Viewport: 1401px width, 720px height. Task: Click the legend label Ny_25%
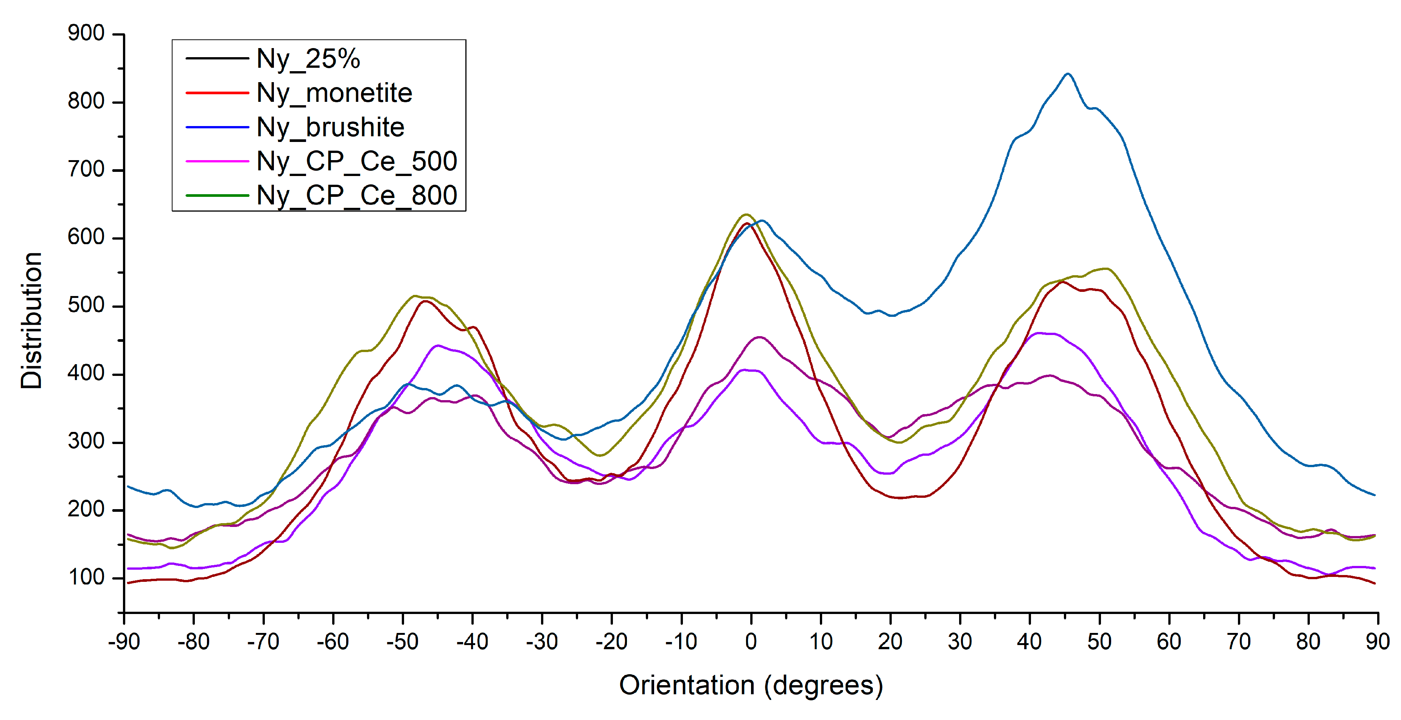(x=308, y=59)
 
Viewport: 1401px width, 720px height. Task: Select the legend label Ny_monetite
(x=334, y=93)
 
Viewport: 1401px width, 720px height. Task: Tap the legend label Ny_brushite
(x=330, y=127)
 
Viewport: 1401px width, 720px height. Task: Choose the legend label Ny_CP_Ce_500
(x=356, y=162)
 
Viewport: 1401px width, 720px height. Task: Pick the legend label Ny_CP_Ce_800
(x=356, y=195)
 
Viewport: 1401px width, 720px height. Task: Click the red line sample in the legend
(x=217, y=93)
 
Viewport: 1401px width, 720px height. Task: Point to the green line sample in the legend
(x=217, y=195)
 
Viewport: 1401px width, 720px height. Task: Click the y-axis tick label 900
(x=86, y=34)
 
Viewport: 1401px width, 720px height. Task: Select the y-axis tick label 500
(x=86, y=306)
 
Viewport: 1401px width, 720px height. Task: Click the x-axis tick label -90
(x=124, y=642)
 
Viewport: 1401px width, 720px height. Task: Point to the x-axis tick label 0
(x=751, y=642)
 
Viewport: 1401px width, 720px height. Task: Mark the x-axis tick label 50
(x=1099, y=642)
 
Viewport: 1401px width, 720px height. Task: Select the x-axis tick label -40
(x=472, y=642)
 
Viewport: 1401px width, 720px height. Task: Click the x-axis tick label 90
(x=1378, y=642)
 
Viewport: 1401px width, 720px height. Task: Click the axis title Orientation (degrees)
(x=751, y=686)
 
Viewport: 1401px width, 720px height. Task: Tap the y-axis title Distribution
(x=31, y=321)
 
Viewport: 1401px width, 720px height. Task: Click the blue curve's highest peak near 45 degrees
(x=1068, y=74)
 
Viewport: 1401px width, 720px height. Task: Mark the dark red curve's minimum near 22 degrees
(x=900, y=497)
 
